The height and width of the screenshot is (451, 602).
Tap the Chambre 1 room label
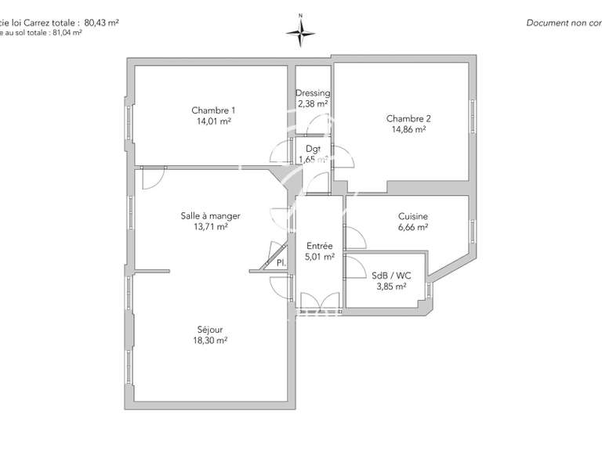pos(213,110)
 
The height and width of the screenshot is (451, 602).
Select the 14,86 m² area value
pos(409,130)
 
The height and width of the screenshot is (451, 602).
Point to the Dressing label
pos(313,93)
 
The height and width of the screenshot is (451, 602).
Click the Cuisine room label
pos(413,216)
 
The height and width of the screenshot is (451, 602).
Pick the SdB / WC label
pos(391,275)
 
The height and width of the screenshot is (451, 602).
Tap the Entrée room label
pos(320,245)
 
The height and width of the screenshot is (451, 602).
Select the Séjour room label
pos(211,330)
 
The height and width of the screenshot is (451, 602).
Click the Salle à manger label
pos(211,216)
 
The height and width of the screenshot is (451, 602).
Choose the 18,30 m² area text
pos(211,341)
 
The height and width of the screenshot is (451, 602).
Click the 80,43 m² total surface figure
pos(101,23)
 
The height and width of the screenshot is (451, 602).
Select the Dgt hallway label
pos(314,149)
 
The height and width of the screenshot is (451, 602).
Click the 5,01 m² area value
pos(320,256)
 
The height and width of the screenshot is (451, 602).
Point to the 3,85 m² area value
pos(391,286)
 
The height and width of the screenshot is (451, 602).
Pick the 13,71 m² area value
pos(211,227)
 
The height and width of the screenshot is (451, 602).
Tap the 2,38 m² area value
pos(313,103)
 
